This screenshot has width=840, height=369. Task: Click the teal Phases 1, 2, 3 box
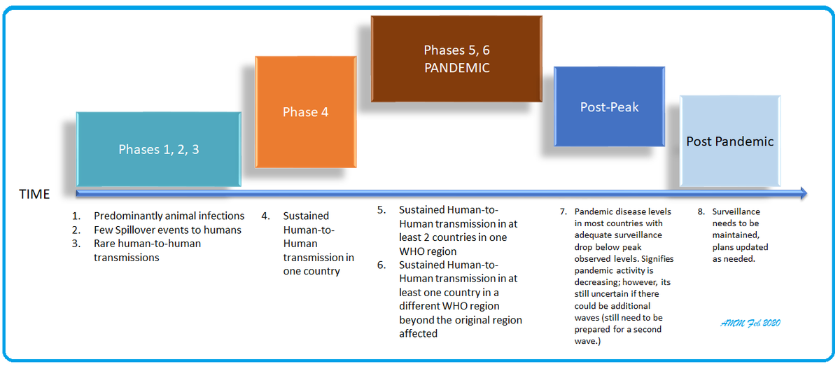pos(159,149)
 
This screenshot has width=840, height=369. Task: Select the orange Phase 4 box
pos(305,112)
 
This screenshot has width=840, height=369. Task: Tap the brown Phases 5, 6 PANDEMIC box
pos(456,59)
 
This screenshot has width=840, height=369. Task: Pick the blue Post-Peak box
pos(609,107)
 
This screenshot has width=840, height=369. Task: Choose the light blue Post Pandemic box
pos(730,141)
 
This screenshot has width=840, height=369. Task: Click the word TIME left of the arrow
pos(34,195)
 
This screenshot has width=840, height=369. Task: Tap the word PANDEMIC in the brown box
pos(456,68)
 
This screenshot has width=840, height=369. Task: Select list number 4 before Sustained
pos(265,216)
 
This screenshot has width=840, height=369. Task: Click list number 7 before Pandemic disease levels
pos(563,211)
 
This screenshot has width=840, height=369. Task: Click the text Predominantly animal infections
pos(169,216)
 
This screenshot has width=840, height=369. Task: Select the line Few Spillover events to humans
pos(167,230)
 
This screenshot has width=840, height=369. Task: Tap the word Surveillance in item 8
pos(736,211)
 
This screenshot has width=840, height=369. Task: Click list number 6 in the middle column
pos(381,265)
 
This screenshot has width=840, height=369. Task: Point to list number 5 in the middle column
pos(381,210)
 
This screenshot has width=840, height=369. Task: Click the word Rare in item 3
pos(106,244)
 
